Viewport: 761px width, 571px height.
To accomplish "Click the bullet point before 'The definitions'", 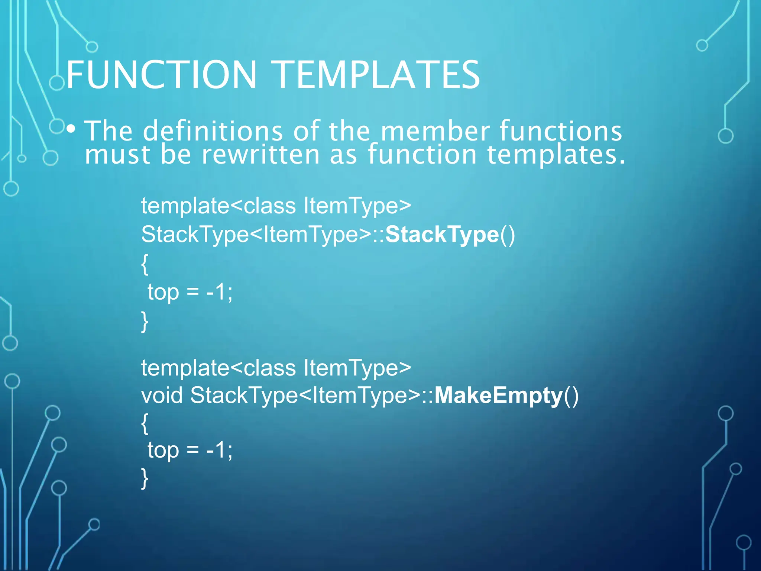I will click(71, 129).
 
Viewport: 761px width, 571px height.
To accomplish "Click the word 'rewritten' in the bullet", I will click(260, 154).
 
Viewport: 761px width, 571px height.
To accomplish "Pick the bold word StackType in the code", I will click(442, 235).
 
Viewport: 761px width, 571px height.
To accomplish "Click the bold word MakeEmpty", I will click(498, 395).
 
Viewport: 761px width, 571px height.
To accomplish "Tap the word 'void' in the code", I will click(162, 395).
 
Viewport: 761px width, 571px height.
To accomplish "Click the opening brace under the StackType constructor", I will click(145, 264).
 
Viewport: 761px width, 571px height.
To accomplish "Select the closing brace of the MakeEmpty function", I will click(145, 478).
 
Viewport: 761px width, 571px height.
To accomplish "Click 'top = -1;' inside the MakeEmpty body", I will click(190, 450).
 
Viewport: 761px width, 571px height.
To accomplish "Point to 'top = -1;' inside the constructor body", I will click(190, 292).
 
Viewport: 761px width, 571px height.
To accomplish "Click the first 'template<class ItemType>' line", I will click(276, 206).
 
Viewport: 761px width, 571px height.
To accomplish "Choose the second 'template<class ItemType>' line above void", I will click(276, 368).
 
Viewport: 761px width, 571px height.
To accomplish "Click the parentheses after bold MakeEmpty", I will click(571, 396).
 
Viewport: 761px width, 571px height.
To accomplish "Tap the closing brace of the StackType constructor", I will click(145, 322).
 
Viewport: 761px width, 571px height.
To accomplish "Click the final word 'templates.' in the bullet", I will click(556, 154).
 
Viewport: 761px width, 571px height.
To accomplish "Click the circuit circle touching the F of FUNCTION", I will click(57, 83).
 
